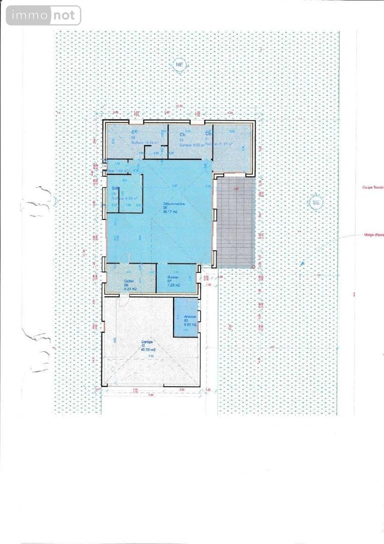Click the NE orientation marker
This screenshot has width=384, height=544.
click(x=179, y=65)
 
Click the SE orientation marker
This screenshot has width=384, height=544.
click(x=316, y=203)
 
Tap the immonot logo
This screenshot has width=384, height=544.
click(x=44, y=15)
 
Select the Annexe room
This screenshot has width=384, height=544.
click(x=190, y=318)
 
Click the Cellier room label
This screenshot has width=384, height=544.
click(x=129, y=281)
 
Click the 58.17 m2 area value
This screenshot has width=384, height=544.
click(x=170, y=211)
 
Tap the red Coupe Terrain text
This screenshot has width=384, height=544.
click(x=373, y=188)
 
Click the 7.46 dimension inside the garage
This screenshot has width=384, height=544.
click(x=151, y=356)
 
